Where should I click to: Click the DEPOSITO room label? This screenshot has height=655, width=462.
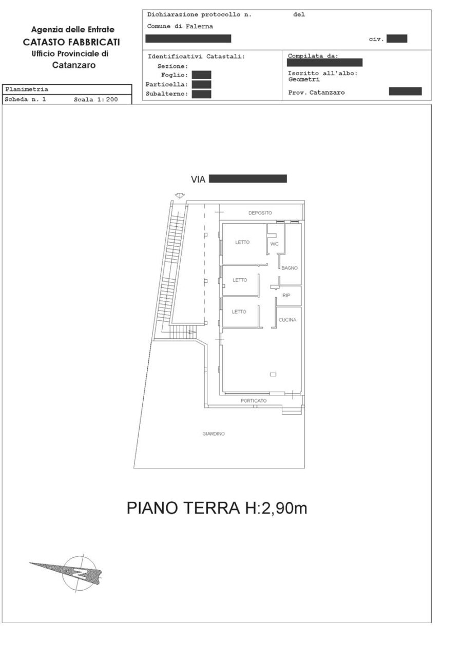tap(260, 213)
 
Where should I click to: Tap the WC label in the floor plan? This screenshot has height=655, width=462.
tap(274, 244)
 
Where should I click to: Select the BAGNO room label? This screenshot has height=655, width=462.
tap(289, 268)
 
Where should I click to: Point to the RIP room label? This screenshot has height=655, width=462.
tap(286, 295)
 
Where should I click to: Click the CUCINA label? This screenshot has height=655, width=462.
tap(287, 320)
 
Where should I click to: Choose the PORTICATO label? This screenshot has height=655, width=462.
tap(254, 401)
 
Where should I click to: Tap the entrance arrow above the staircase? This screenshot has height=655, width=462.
tap(180, 196)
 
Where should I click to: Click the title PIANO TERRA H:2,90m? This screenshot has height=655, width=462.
tap(217, 508)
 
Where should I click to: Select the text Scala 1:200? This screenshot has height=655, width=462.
tap(95, 100)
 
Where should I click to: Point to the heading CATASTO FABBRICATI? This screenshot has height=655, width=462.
tap(72, 42)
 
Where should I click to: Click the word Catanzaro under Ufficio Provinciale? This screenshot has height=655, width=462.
tap(73, 65)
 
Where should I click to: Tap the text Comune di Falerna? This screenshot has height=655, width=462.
tap(180, 26)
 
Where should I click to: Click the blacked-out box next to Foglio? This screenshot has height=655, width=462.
tap(202, 75)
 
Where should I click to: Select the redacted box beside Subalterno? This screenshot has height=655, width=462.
tap(202, 94)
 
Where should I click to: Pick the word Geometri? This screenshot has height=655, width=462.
tap(304, 80)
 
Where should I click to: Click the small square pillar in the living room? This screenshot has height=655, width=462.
tap(273, 374)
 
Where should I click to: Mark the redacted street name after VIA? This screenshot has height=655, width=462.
tap(248, 179)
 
